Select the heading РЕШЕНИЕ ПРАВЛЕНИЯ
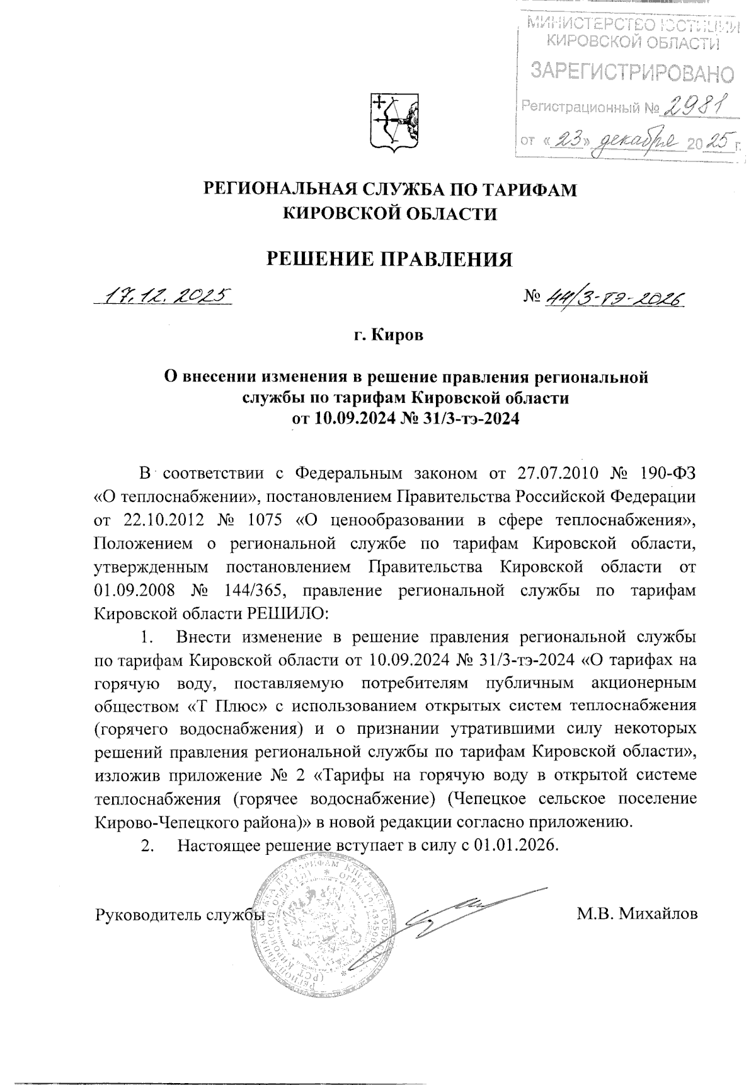click(387, 259)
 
